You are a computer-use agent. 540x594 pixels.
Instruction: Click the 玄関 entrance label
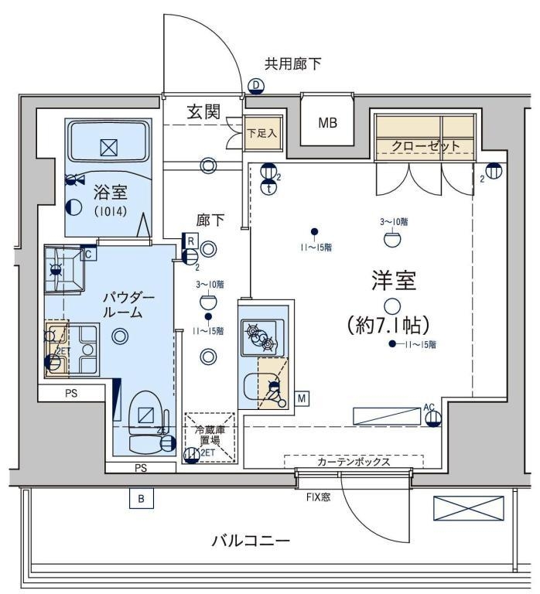click(x=203, y=112)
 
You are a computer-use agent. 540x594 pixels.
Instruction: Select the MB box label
click(x=326, y=123)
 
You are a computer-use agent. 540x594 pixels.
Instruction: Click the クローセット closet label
click(x=426, y=145)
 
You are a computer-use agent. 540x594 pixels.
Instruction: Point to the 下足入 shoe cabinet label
click(x=261, y=132)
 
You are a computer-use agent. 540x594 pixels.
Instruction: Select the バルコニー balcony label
click(x=251, y=541)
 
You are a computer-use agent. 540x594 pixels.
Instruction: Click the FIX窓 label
click(x=316, y=497)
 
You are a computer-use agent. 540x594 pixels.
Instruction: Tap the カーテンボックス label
click(x=353, y=463)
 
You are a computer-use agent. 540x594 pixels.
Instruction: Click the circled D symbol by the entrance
click(x=255, y=86)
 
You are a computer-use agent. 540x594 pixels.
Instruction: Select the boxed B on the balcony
click(x=141, y=500)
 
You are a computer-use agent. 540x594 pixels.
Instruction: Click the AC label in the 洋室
click(x=430, y=407)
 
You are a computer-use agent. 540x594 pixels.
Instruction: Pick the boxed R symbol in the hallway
click(x=190, y=240)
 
